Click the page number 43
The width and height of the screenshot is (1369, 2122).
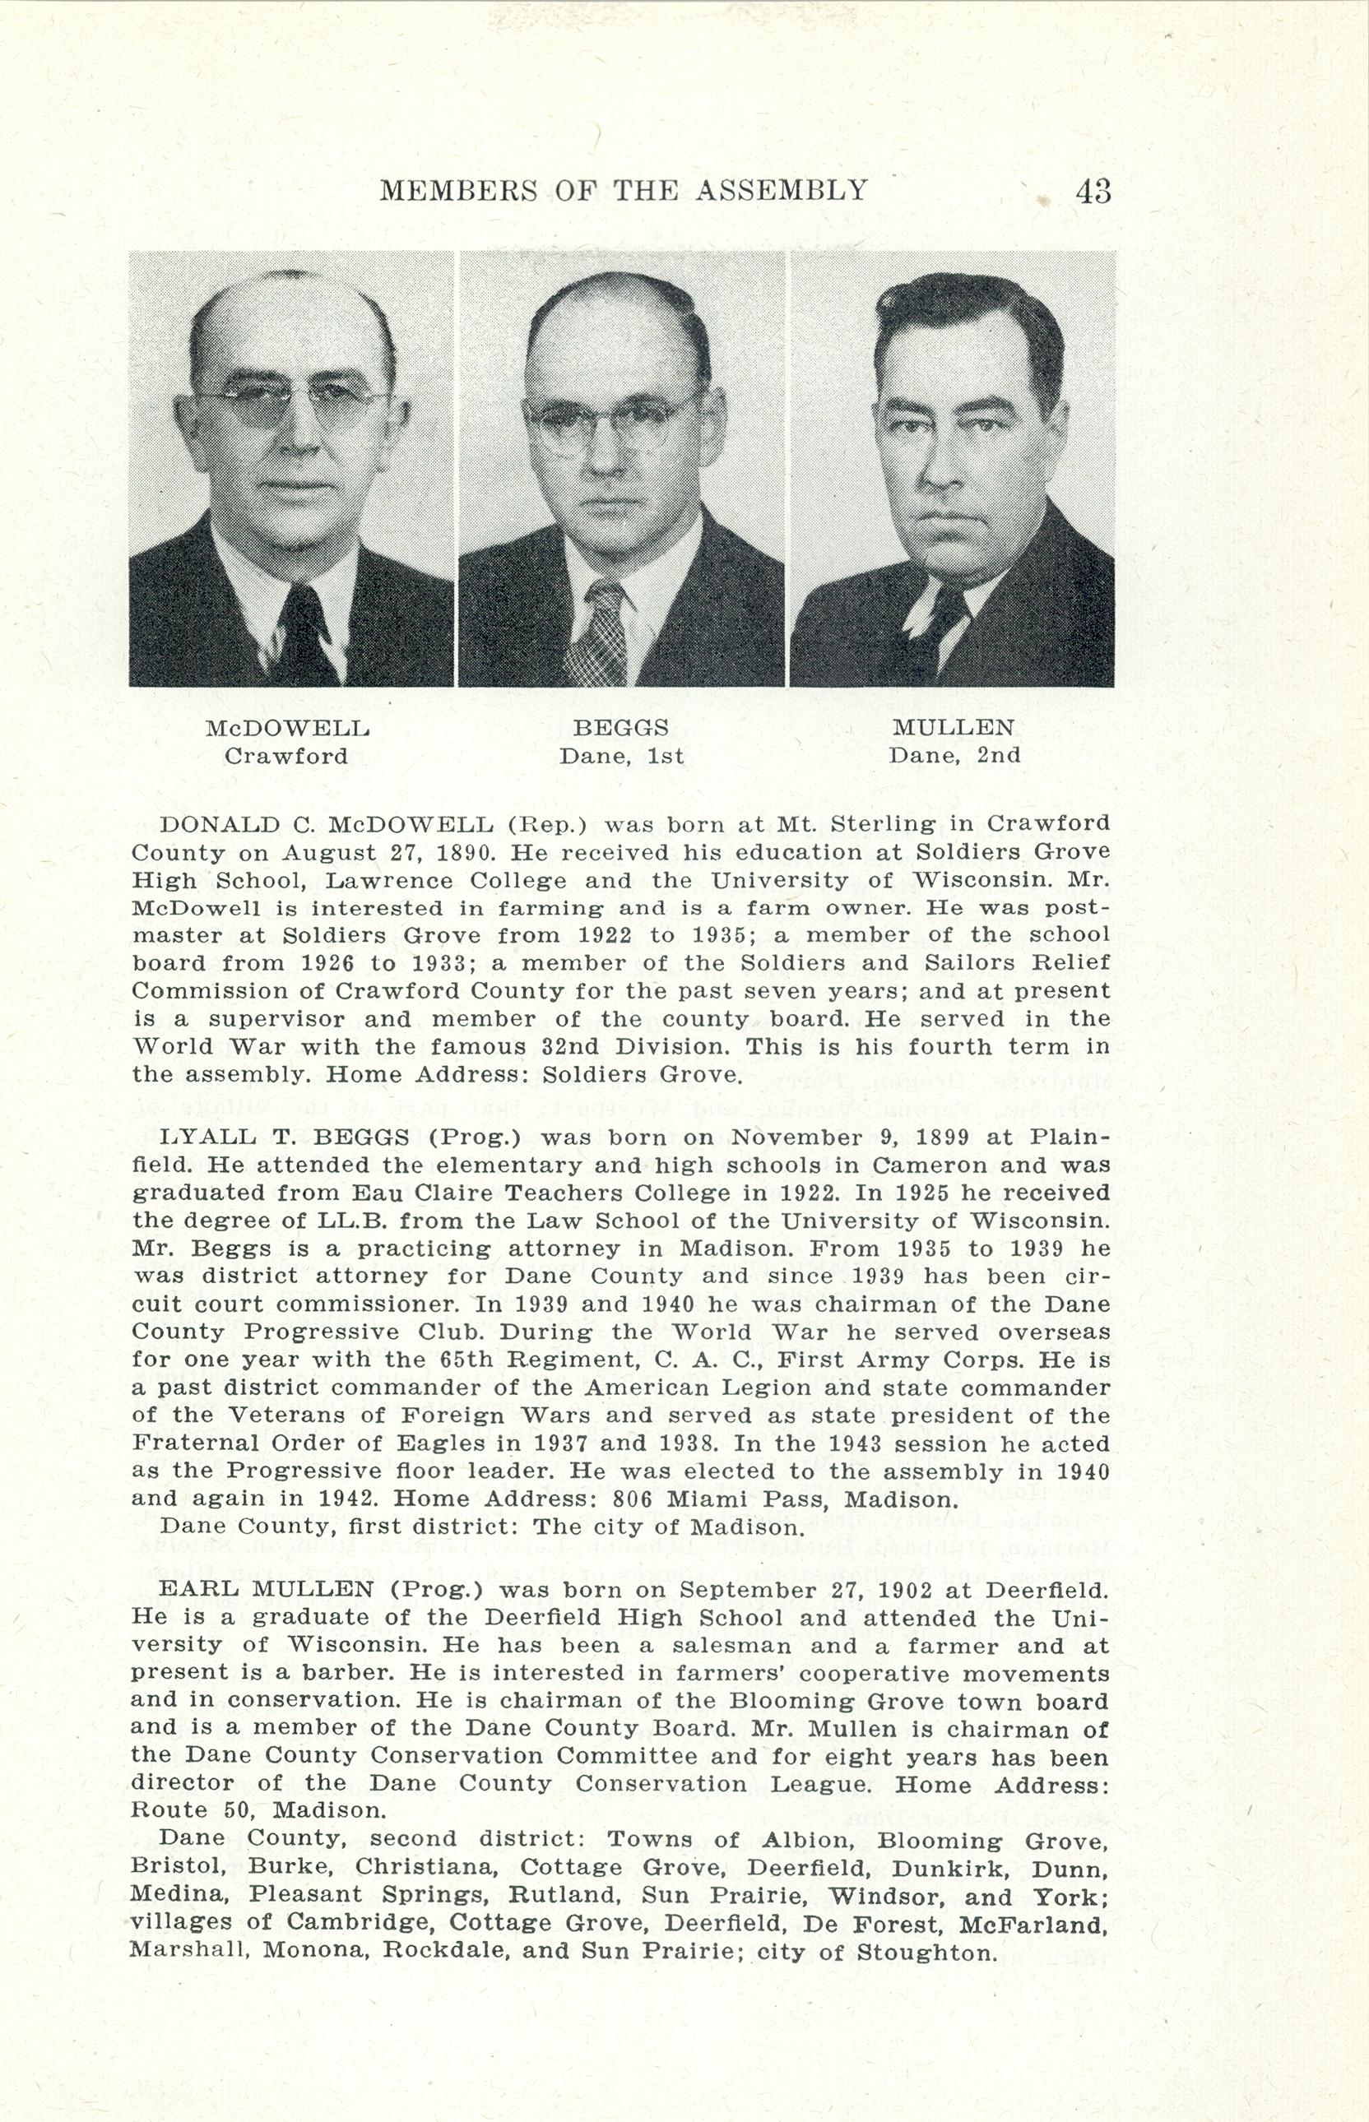pyautogui.click(x=1093, y=191)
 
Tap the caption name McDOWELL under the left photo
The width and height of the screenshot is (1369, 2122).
pyautogui.click(x=287, y=729)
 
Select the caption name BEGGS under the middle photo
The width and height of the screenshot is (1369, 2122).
pyautogui.click(x=620, y=728)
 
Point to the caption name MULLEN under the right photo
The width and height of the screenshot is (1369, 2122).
pyautogui.click(x=953, y=728)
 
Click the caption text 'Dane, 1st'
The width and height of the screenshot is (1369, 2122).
pyautogui.click(x=620, y=756)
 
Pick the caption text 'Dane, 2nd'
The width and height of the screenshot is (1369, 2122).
pyautogui.click(x=954, y=756)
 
